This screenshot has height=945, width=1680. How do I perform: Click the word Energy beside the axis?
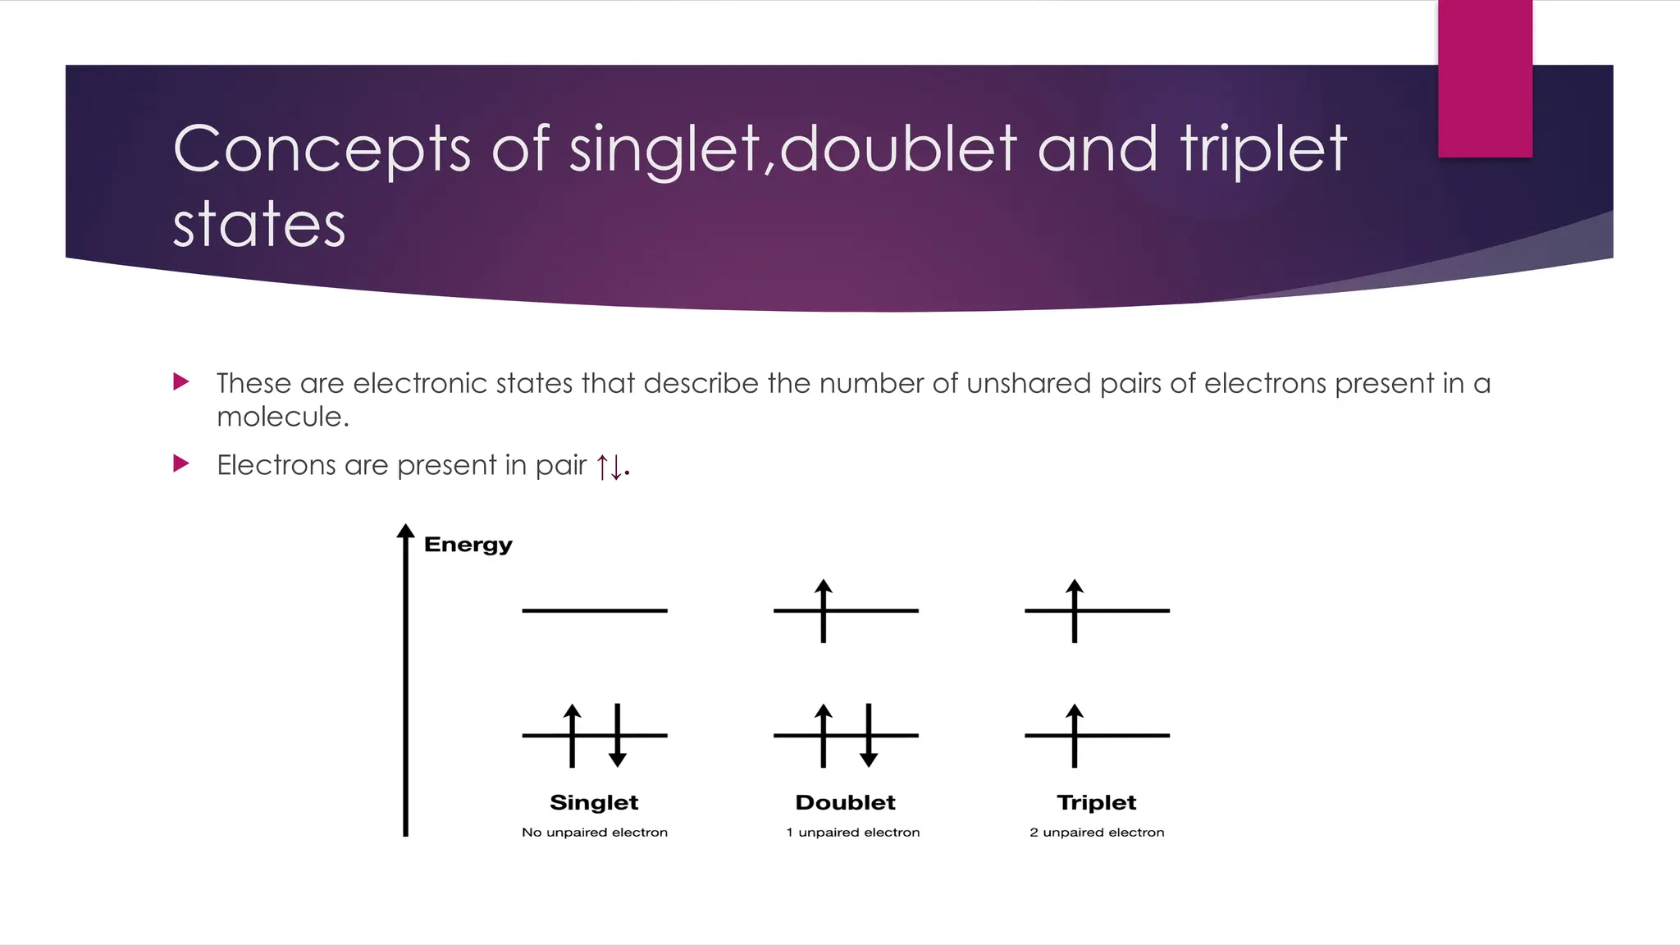(468, 545)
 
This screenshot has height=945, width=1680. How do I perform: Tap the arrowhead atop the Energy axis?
(405, 531)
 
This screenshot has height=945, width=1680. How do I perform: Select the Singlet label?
(594, 802)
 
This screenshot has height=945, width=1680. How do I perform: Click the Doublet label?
(845, 802)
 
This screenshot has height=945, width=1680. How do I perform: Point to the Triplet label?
(1097, 802)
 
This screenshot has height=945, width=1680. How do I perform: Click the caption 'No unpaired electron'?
(595, 833)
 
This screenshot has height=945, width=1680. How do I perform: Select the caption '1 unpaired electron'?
(852, 833)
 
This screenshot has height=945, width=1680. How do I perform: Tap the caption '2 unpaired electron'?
(1097, 833)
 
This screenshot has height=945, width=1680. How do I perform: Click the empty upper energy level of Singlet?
(595, 610)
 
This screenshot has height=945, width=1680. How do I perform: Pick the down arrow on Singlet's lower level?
(618, 736)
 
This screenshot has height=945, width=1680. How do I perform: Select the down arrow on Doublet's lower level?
(869, 736)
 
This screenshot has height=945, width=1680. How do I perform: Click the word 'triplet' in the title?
(1263, 149)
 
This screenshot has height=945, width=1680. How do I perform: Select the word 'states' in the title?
(259, 224)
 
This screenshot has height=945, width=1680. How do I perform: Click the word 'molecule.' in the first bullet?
(283, 417)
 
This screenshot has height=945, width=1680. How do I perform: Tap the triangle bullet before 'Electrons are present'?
(181, 463)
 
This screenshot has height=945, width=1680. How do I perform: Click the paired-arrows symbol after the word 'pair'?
(611, 467)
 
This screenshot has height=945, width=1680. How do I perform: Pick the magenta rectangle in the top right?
(1485, 79)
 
